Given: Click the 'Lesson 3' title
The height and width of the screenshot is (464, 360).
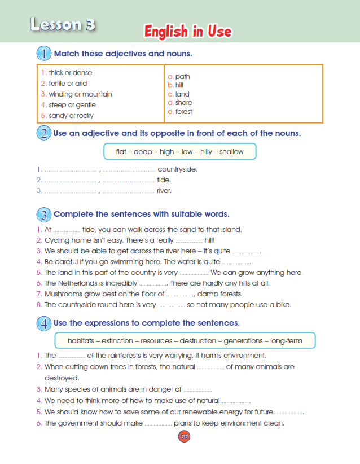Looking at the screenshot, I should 63,24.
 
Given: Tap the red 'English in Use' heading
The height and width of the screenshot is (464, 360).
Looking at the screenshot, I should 187,32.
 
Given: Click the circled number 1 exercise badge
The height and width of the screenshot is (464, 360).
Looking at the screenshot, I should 43,54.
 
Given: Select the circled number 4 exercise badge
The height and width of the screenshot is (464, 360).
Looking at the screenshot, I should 43,323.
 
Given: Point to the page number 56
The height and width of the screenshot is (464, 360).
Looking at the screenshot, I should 183,436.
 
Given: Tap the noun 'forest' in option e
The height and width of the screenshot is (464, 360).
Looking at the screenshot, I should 183,112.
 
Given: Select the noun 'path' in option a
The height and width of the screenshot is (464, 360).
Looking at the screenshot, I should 182,77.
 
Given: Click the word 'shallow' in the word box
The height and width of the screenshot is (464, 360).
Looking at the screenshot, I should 231,152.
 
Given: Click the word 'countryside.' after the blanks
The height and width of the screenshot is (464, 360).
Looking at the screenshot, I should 177,169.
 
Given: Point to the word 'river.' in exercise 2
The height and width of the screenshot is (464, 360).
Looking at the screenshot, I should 164,191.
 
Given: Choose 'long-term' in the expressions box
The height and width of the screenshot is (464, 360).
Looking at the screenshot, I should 286,341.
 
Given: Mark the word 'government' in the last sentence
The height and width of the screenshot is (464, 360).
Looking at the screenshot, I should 80,423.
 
